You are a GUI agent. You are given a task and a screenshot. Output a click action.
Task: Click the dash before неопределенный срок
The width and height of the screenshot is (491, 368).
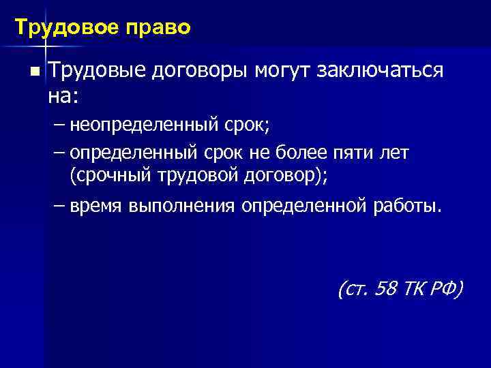[x=59, y=125]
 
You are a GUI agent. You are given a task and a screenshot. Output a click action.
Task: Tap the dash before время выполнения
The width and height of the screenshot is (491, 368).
[x=59, y=205]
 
